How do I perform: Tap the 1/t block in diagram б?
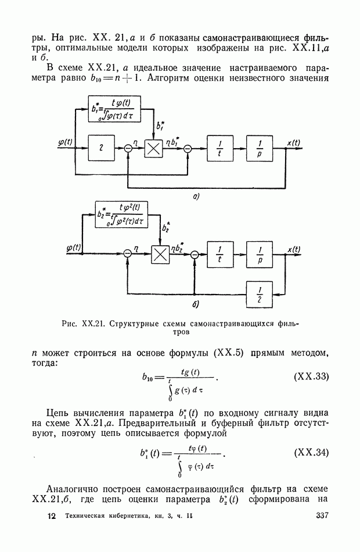tap(219, 254)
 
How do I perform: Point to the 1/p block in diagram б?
tap(260, 254)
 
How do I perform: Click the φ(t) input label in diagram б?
tap(74, 248)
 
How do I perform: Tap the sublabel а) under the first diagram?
tap(196, 197)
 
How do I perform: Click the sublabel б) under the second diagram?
tap(196, 304)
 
